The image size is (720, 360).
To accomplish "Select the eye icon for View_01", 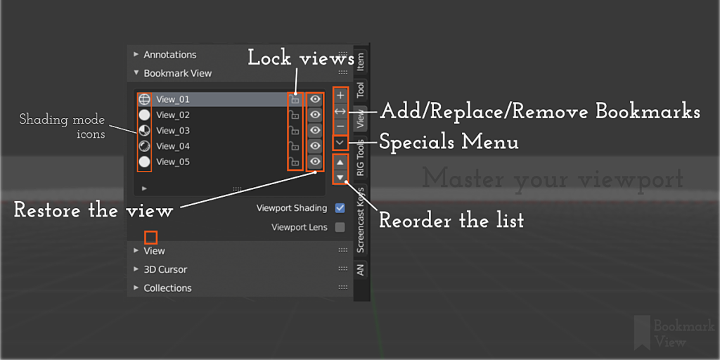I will pos(316,99).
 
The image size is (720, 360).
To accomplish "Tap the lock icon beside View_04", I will pos(295,146).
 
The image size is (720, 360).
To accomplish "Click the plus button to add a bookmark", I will pos(340,95).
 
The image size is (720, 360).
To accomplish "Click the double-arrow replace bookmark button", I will pos(340,111).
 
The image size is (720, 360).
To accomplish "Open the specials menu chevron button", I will pos(340,143).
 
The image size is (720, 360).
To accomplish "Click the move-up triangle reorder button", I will pos(340,162).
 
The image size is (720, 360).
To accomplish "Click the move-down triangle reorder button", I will pos(340,177).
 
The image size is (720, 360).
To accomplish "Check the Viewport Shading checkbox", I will pos(340,208).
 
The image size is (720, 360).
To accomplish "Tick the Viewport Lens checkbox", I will pos(340,227).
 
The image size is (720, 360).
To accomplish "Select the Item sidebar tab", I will pos(361,61).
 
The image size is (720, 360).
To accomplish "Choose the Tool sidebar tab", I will pos(361,89).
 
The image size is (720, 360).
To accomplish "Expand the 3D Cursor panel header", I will pos(165,269).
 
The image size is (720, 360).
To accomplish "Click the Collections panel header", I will pos(167,288).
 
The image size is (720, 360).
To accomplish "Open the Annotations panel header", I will pos(169,55).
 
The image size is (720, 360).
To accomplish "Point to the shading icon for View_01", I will pos(145,99).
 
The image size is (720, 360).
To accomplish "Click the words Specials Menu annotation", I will pos(449,143).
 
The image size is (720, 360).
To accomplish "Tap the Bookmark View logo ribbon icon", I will pos(641,333).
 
